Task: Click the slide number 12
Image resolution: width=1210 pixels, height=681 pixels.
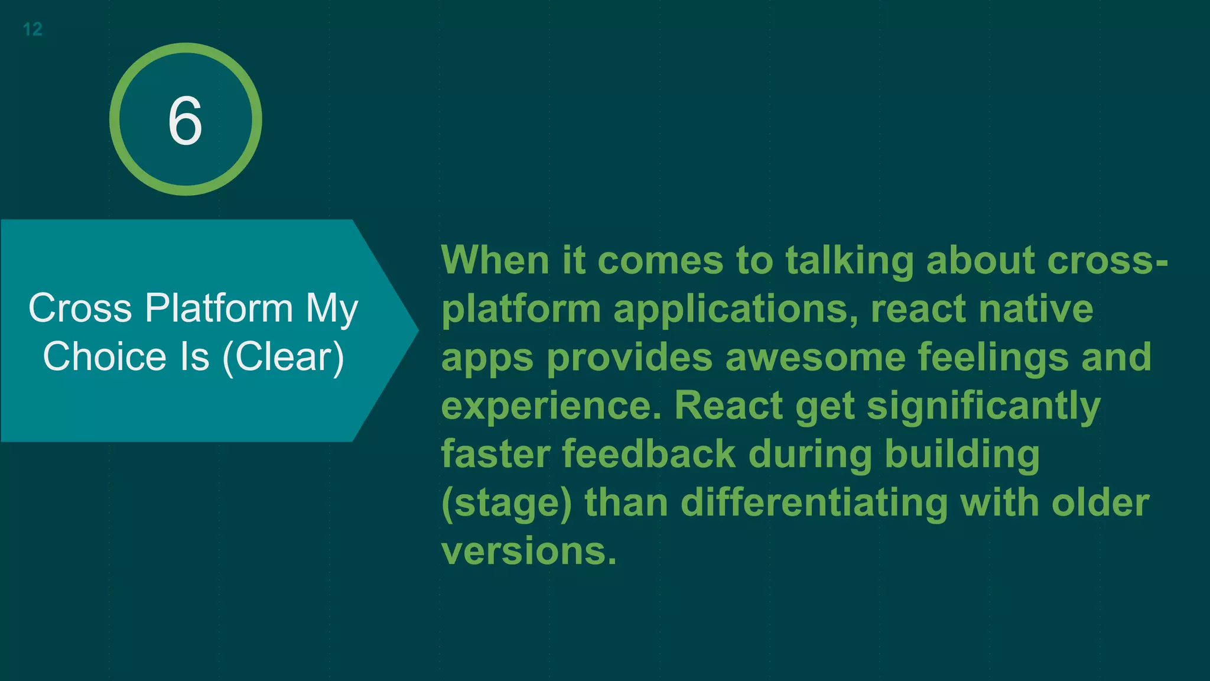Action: [x=32, y=29]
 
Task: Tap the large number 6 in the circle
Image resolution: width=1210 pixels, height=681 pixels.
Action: [x=185, y=121]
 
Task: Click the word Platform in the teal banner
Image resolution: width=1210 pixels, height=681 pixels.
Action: [x=219, y=309]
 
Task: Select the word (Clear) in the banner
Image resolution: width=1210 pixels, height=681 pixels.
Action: [x=284, y=357]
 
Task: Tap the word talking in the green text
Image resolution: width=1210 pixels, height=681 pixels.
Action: [x=849, y=261]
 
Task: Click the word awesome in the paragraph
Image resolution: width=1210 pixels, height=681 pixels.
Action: [x=815, y=357]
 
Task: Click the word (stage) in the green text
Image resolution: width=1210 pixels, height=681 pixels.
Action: [x=506, y=504]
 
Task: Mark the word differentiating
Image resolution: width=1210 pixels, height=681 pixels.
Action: [x=814, y=504]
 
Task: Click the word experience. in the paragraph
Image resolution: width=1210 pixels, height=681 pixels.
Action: [x=551, y=407]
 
